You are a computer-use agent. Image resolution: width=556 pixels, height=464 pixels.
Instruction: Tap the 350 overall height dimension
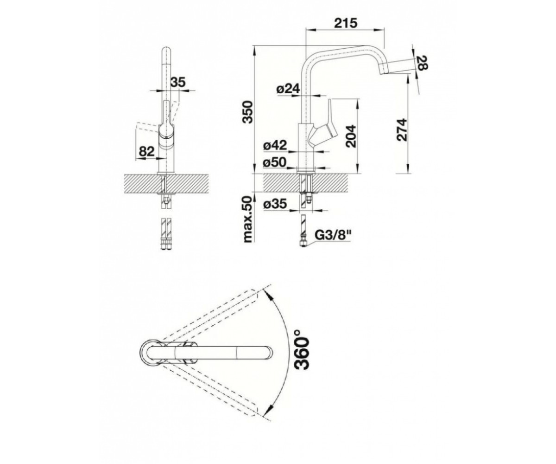pyautogui.click(x=247, y=112)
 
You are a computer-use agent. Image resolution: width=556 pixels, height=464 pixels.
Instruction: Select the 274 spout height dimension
pyautogui.click(x=402, y=129)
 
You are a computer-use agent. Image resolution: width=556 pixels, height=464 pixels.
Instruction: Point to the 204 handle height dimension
pyautogui.click(x=352, y=136)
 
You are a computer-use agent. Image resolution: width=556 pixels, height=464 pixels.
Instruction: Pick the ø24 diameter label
pyautogui.click(x=288, y=89)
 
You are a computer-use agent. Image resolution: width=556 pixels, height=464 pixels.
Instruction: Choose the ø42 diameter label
pyautogui.click(x=275, y=145)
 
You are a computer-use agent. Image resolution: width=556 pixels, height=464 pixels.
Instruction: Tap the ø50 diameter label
pyautogui.click(x=275, y=162)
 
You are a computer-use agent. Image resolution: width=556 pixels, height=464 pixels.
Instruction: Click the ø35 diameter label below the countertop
pyautogui.click(x=275, y=204)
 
